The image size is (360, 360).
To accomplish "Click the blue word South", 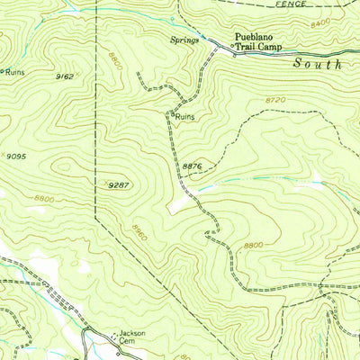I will (x=318, y=65).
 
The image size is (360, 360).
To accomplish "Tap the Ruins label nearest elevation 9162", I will (x=13, y=72).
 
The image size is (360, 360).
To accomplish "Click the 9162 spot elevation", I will (x=63, y=77).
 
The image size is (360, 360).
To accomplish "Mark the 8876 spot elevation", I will (x=192, y=165).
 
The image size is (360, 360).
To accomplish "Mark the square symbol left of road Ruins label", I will (x=171, y=113).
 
